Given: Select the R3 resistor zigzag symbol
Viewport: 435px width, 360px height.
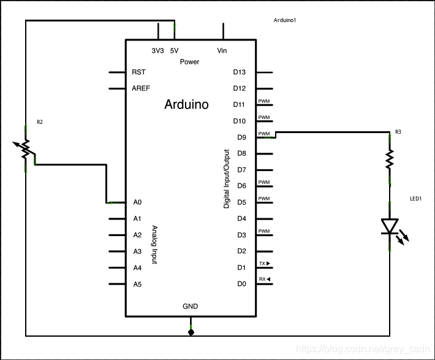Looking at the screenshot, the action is tap(390, 159).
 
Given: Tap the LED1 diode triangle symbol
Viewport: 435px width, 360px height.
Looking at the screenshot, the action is tap(390, 226).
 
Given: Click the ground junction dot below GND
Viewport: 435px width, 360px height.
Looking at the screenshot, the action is tap(191, 332).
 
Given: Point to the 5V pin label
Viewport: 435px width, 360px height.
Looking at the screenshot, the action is tap(174, 50).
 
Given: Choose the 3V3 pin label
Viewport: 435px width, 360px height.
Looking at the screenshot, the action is tap(157, 50).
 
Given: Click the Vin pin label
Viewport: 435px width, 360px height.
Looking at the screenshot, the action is tap(222, 50).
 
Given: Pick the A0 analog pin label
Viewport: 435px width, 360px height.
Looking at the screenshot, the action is tap(137, 202).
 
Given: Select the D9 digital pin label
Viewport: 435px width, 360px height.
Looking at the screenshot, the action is tap(241, 137).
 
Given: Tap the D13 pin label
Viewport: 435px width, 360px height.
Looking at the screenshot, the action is tap(239, 72).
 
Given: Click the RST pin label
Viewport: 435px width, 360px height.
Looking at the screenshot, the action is tap(138, 72).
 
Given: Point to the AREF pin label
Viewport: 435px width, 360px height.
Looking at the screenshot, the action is tap(141, 88).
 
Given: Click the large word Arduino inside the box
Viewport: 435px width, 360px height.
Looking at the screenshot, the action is tap(186, 104).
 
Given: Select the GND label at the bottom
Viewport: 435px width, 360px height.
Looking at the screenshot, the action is tap(191, 307).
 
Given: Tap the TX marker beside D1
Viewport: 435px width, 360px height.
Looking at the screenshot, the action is tap(265, 263).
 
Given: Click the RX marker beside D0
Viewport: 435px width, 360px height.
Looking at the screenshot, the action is tap(265, 279).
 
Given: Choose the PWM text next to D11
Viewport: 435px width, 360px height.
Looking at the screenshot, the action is tap(264, 101).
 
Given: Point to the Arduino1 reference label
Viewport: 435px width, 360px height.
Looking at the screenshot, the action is tap(285, 20).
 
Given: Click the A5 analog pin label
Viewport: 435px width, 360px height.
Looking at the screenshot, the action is tap(137, 285).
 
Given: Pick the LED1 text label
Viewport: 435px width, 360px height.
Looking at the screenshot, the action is tap(416, 199).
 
